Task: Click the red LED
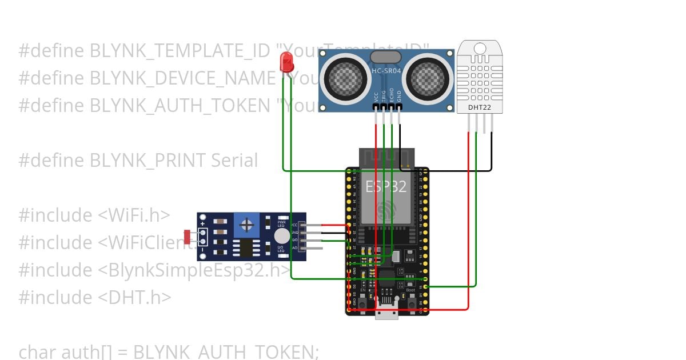[x=286, y=61]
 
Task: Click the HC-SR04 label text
[x=386, y=71]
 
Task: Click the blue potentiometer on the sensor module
[x=246, y=225]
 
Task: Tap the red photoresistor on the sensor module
[x=188, y=236]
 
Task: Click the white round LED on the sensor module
[x=281, y=237]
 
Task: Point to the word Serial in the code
[x=234, y=161]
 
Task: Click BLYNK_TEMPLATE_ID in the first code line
[x=180, y=51]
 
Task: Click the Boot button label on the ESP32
[x=410, y=290]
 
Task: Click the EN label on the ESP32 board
[x=362, y=290]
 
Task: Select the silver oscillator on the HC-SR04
[x=386, y=57]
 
